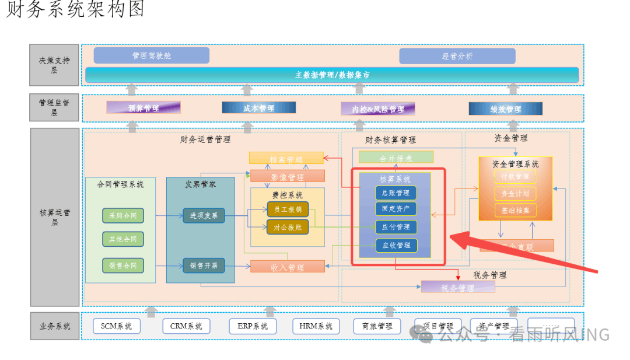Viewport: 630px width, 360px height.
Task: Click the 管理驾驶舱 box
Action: click(152, 55)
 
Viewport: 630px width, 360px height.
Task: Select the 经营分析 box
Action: click(457, 56)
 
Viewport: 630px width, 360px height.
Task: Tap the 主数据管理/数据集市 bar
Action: click(332, 75)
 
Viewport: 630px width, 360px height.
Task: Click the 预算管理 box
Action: click(143, 108)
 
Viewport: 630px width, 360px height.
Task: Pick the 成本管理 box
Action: click(258, 108)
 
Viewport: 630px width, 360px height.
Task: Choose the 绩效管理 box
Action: click(505, 109)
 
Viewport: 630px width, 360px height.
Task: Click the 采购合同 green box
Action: click(123, 215)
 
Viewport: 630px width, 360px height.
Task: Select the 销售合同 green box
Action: click(123, 265)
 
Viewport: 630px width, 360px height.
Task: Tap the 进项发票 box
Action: click(204, 215)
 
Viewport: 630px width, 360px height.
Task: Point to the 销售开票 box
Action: click(204, 265)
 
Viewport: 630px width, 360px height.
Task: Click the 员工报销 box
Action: click(288, 209)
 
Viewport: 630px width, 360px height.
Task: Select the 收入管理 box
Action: click(288, 267)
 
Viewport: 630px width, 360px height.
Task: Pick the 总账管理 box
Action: click(395, 193)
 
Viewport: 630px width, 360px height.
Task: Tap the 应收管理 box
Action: click(395, 245)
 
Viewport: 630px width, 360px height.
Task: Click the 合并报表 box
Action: click(396, 158)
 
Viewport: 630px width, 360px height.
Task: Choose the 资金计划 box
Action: click(515, 193)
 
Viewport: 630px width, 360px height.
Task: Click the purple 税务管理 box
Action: click(458, 287)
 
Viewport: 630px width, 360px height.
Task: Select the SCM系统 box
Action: click(117, 326)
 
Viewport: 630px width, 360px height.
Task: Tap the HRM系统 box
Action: click(316, 326)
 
